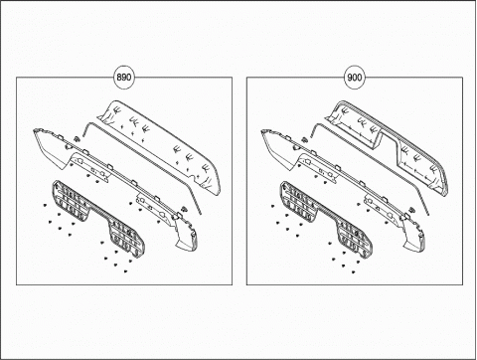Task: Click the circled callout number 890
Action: [123, 78]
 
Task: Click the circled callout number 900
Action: [354, 78]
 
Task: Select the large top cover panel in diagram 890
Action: [159, 147]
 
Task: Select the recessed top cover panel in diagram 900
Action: [387, 147]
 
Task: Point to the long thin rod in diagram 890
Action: [142, 166]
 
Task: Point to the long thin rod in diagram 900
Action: [370, 166]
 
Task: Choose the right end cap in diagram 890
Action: [185, 235]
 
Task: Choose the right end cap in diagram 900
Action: [413, 235]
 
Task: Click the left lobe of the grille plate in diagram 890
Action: [72, 201]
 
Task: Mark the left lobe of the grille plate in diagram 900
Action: [300, 201]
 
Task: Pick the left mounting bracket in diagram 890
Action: [89, 167]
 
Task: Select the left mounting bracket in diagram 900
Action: [318, 167]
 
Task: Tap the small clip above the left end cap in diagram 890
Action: [77, 138]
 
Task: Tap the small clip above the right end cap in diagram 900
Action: [411, 210]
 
